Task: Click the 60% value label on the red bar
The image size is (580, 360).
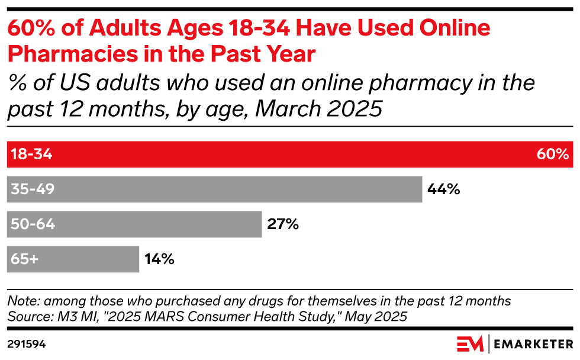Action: (x=553, y=155)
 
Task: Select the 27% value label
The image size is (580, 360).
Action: (x=283, y=224)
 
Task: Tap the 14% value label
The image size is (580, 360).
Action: (x=159, y=259)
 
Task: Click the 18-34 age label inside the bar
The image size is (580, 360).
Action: (x=31, y=155)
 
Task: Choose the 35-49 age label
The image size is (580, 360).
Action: (x=33, y=189)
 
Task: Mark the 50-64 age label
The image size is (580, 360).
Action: (x=33, y=224)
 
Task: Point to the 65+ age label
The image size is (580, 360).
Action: (x=24, y=259)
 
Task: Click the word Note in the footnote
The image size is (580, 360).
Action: (x=22, y=301)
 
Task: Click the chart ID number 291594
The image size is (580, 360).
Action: (x=27, y=344)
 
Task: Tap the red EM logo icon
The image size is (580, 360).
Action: (x=470, y=343)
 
